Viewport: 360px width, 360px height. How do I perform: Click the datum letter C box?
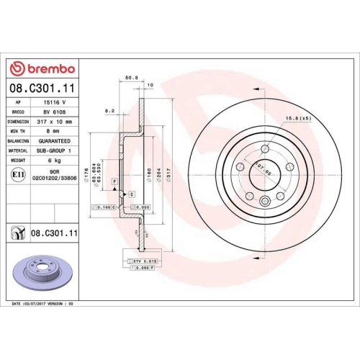[x=132, y=194]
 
